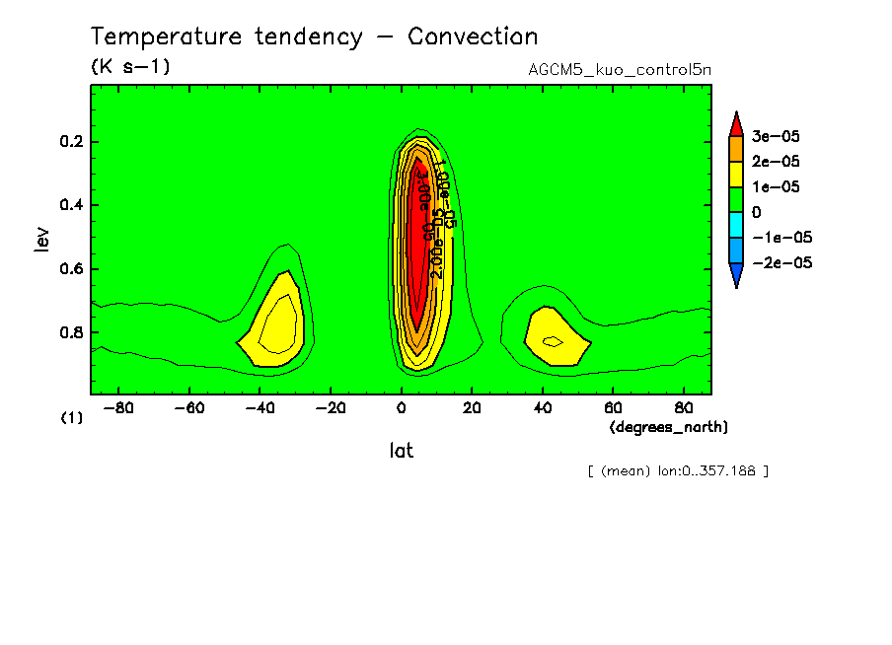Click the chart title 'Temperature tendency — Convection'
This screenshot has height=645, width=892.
[x=314, y=37]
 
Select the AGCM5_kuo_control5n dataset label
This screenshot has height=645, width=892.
[x=620, y=70]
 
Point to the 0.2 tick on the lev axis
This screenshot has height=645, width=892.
[x=71, y=142]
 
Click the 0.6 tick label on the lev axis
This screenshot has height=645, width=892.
[x=71, y=269]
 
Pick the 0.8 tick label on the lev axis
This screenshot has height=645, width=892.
[x=71, y=332]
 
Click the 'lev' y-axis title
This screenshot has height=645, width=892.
[x=41, y=239]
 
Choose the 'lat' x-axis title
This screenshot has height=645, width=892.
[x=401, y=451]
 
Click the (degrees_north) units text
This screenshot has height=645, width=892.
[x=669, y=426]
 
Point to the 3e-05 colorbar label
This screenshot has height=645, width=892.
[x=777, y=136]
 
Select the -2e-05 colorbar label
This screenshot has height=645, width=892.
[x=781, y=263]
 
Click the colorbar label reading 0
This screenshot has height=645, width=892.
[x=757, y=212]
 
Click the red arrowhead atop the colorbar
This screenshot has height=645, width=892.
[x=736, y=122]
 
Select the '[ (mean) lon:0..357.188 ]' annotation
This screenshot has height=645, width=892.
[x=677, y=470]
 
